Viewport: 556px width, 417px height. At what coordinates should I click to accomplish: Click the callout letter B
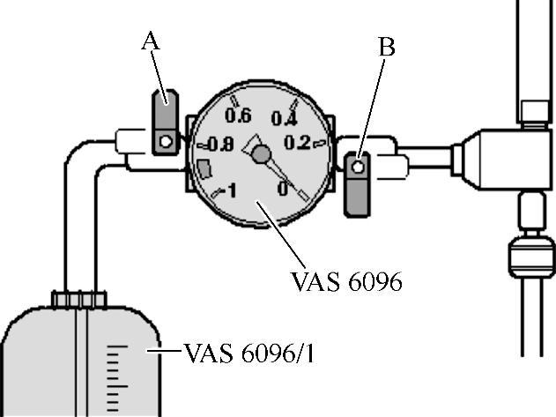point(386,48)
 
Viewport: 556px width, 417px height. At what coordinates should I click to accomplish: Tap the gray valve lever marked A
point(165,123)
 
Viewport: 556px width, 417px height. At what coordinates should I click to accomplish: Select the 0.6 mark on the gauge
point(238,115)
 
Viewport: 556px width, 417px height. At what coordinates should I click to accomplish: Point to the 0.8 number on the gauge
point(219,145)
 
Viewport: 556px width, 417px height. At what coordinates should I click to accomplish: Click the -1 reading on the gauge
point(228,190)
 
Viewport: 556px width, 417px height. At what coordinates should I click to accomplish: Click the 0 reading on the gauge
point(283,187)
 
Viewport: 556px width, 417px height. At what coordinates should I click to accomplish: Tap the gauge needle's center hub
point(260,155)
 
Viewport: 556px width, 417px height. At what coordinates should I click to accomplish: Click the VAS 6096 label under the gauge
point(345,281)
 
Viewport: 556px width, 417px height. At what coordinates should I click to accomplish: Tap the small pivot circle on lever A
point(165,139)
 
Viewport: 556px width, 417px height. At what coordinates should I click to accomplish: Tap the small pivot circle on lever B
point(359,166)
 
